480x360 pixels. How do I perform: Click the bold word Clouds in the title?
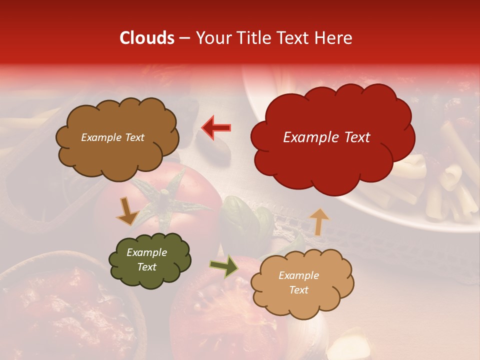(146, 38)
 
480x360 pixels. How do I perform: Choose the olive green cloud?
(150, 275)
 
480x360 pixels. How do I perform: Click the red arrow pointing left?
(216, 128)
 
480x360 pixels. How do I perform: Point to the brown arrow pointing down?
(128, 211)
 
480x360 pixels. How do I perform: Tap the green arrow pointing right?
(223, 266)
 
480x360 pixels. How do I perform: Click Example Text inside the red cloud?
(326, 137)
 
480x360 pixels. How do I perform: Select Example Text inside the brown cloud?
(112, 137)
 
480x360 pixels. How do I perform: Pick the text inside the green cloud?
(147, 259)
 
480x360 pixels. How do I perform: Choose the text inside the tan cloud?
(298, 282)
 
